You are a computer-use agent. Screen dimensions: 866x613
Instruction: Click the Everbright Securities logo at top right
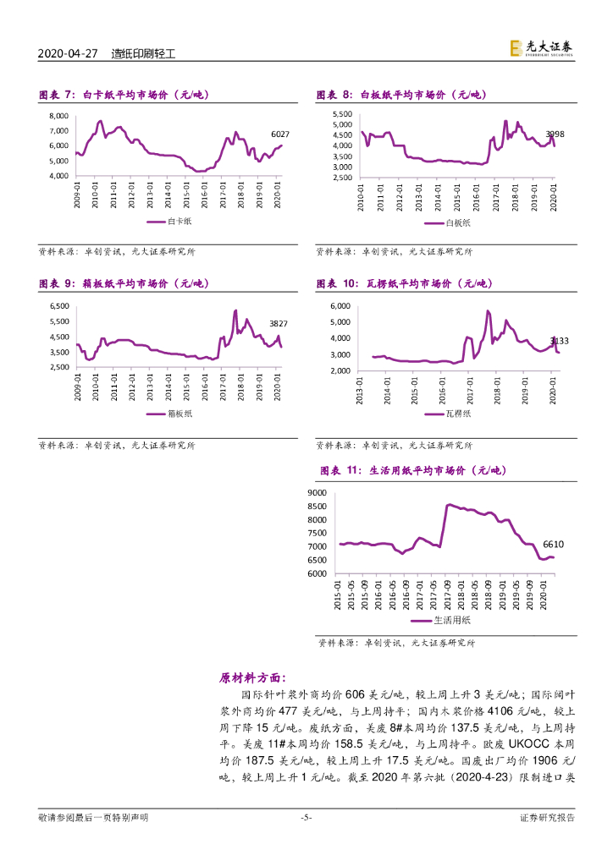pyautogui.click(x=542, y=50)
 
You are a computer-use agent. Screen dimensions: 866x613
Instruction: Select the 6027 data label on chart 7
pyautogui.click(x=279, y=134)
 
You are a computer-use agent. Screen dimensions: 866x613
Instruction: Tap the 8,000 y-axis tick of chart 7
pyautogui.click(x=58, y=115)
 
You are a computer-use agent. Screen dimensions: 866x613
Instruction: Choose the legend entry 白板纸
pyautogui.click(x=450, y=223)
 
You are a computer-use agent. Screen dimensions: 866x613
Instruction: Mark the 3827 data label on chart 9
pyautogui.click(x=279, y=324)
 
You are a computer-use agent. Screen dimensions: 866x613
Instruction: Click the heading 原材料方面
pyautogui.click(x=252, y=677)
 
